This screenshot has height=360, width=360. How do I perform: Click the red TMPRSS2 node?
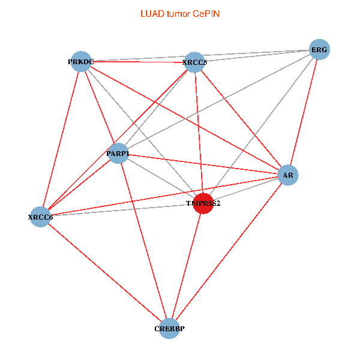click(x=203, y=203)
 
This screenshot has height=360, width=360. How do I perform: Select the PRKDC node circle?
click(x=81, y=61)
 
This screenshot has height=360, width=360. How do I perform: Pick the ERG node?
click(x=319, y=50)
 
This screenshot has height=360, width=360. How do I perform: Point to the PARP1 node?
click(x=118, y=154)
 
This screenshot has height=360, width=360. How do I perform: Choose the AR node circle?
click(x=289, y=175)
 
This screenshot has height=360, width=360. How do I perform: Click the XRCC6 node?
click(x=41, y=217)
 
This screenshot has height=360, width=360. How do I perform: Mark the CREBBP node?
click(x=169, y=328)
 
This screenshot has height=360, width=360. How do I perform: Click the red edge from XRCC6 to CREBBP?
click(x=105, y=272)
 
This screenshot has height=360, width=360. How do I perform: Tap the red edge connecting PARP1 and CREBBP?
click(x=144, y=241)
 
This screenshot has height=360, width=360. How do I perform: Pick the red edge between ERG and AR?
click(x=304, y=112)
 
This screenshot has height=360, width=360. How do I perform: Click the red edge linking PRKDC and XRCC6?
click(x=61, y=139)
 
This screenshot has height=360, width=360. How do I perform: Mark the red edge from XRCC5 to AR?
click(x=241, y=118)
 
